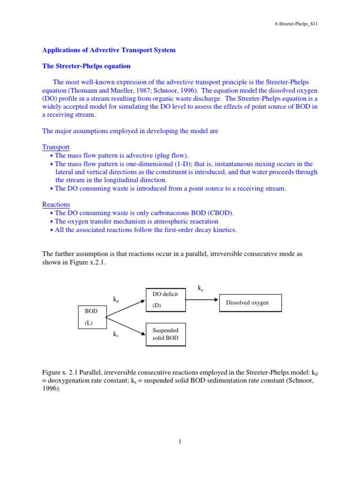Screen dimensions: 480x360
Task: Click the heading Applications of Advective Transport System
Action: pyautogui.click(x=109, y=50)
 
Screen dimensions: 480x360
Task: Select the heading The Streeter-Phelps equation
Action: pyautogui.click(x=86, y=66)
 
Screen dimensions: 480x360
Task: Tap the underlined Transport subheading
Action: pyautogui.click(x=56, y=147)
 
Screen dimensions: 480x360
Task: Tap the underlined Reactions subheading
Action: pyautogui.click(x=56, y=204)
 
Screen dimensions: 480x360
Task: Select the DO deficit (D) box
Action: pyautogui.click(x=165, y=300)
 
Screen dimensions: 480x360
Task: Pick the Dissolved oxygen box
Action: pyautogui.click(x=250, y=303)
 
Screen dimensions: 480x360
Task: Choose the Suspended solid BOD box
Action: pyautogui.click(x=165, y=334)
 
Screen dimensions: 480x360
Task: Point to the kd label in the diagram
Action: pyautogui.click(x=116, y=299)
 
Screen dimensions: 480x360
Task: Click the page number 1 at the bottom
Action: pyautogui.click(x=180, y=441)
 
